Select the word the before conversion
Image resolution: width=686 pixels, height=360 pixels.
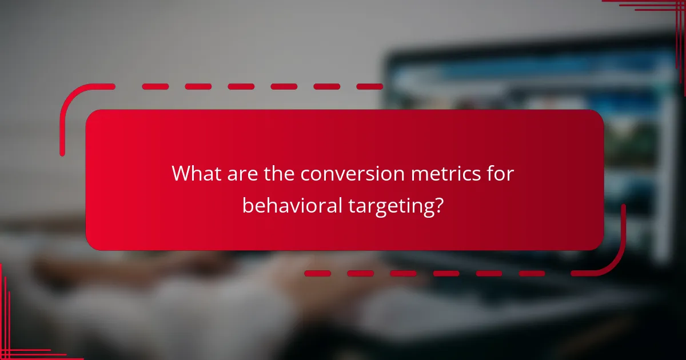click(280, 174)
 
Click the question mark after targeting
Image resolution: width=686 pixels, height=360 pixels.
click(438, 206)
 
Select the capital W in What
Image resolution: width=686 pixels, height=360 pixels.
click(182, 174)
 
